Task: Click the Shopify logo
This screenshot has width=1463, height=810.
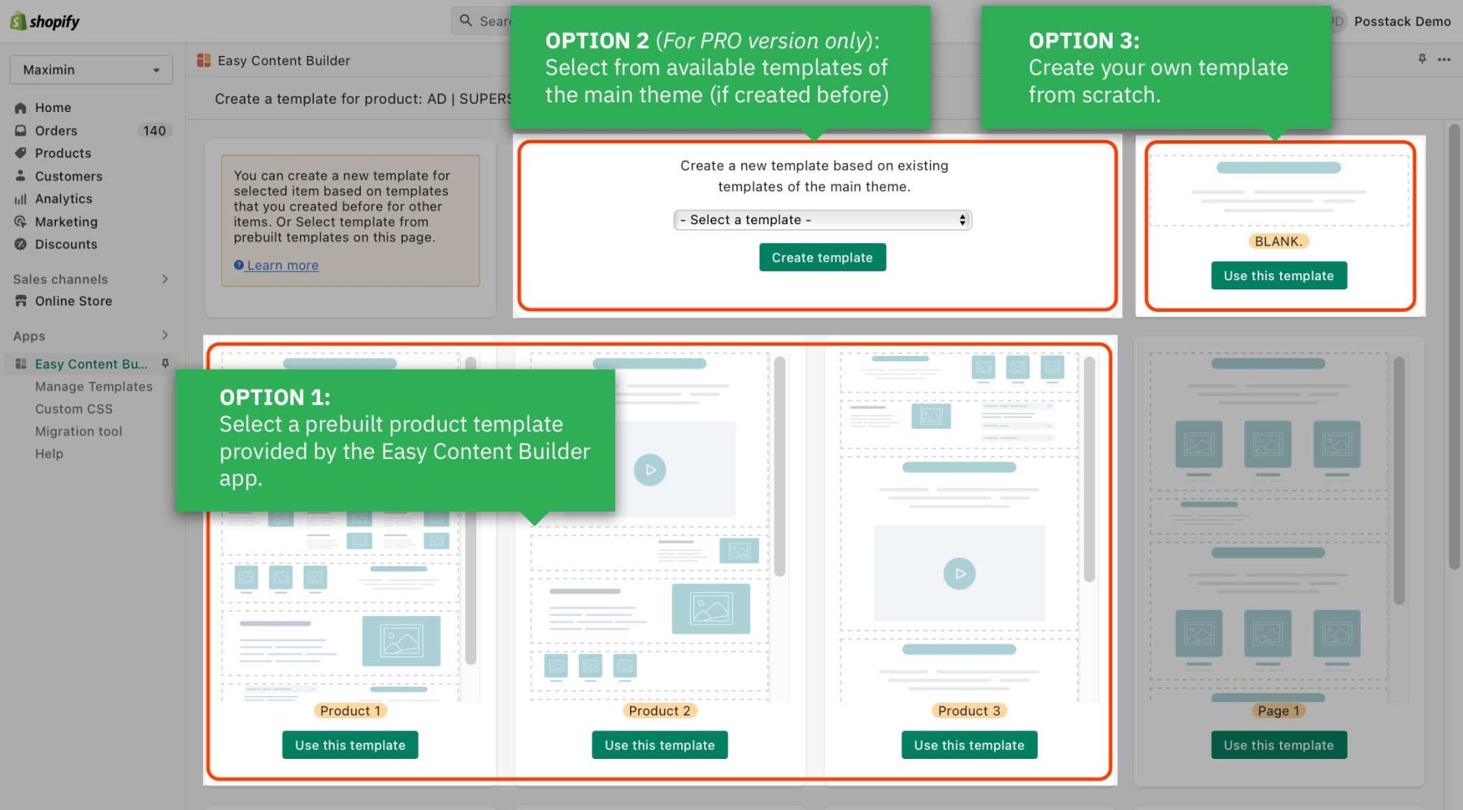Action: [x=46, y=21]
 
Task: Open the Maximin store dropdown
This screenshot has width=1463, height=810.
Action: [x=91, y=70]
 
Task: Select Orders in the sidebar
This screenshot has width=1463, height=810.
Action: [x=56, y=131]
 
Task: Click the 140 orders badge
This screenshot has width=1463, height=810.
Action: [x=154, y=131]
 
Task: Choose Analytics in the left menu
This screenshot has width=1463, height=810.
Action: [x=63, y=199]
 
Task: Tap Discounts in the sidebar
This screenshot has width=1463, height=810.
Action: [x=66, y=245]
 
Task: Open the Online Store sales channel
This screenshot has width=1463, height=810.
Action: [x=73, y=301]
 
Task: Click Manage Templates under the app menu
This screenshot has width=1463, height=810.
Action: [x=93, y=387]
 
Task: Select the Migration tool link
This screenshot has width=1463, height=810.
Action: [x=78, y=431]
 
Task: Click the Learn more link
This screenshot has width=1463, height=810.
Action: [x=282, y=266]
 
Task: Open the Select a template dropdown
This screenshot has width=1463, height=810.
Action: [x=823, y=220]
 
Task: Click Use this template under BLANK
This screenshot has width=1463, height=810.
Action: [x=1278, y=276]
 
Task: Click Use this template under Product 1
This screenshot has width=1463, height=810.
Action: [x=349, y=745]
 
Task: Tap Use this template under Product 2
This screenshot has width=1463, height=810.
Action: [x=659, y=745]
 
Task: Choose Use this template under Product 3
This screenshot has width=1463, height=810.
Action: [x=969, y=745]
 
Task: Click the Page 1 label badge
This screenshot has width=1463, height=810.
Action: [x=1278, y=711]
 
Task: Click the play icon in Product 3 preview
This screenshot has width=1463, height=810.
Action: [x=959, y=574]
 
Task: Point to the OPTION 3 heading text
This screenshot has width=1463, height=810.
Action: [x=1083, y=41]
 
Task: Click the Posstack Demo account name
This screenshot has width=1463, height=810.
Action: [x=1401, y=22]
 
